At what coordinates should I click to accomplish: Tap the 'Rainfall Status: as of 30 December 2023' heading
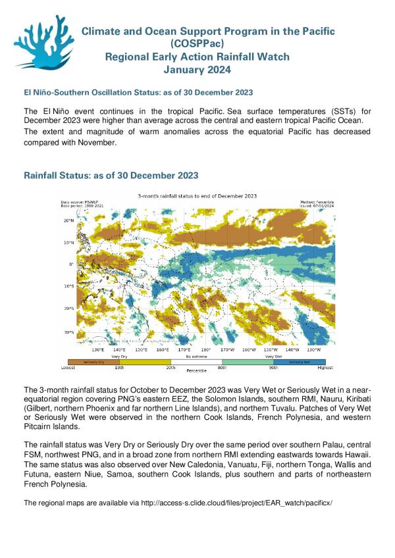pyautogui.click(x=111, y=176)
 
